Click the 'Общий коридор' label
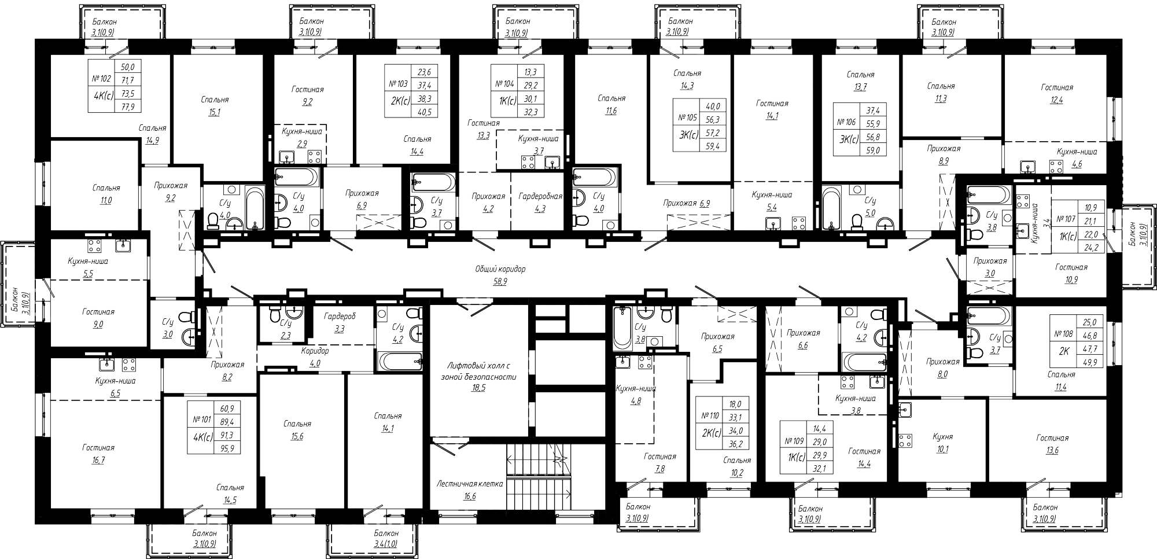coord(500,269)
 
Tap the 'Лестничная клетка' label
coord(470,484)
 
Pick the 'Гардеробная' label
coord(540,196)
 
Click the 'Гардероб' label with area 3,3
coord(340,317)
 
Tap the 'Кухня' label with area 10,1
coord(943,437)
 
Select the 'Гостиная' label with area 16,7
coord(98,447)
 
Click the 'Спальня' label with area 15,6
coord(297,424)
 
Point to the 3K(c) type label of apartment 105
coord(688,134)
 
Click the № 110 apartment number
coord(710,415)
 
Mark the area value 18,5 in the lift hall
coord(478,388)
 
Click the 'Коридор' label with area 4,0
coord(315,351)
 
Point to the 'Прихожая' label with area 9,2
coord(170,186)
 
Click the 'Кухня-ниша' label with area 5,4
coord(772,195)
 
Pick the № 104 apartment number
coord(504,83)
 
